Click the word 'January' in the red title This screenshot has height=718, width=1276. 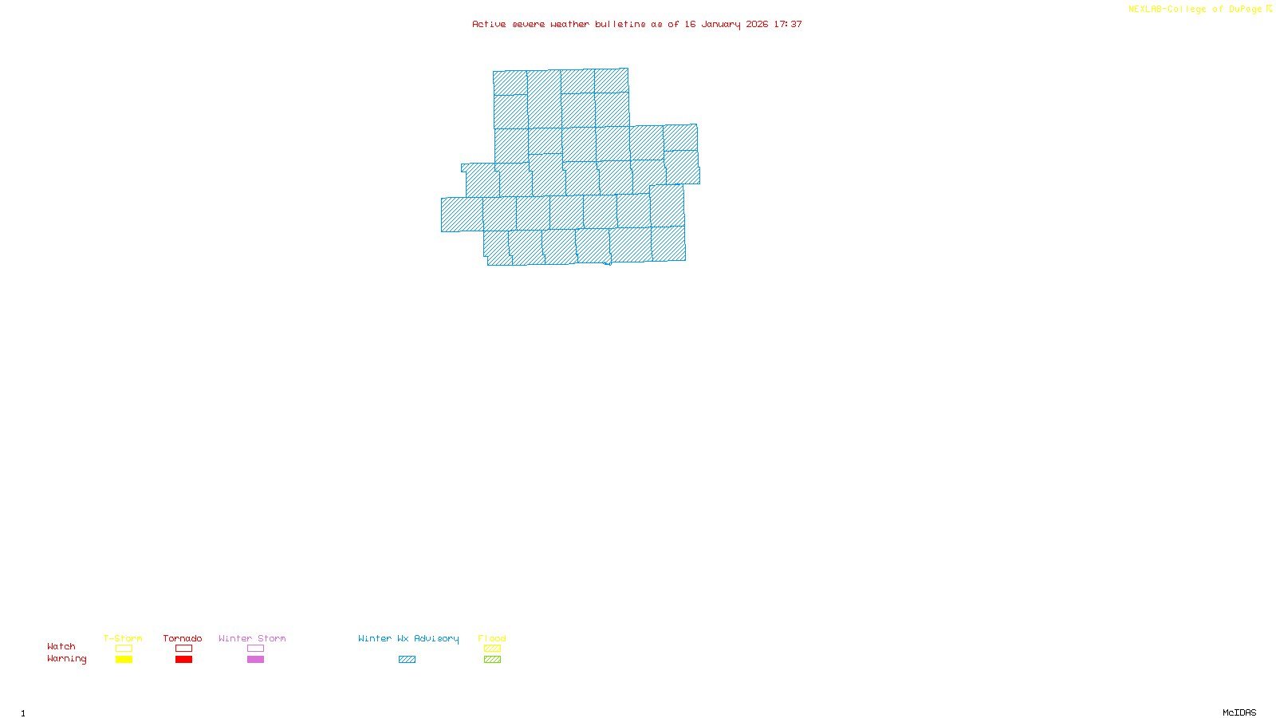[x=721, y=24]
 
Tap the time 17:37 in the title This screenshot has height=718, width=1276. [x=788, y=24]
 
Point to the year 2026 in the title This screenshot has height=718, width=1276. [x=757, y=24]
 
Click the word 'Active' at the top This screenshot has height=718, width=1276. [x=489, y=24]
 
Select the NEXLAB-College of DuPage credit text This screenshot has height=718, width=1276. [x=1195, y=9]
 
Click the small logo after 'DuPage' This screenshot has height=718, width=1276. [x=1269, y=9]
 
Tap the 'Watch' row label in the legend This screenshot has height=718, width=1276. [x=61, y=646]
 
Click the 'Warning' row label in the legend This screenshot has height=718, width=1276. [x=66, y=659]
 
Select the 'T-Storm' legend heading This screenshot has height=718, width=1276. [x=123, y=638]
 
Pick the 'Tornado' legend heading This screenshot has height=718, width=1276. [x=183, y=638]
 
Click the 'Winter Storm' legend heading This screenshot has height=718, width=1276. [x=252, y=638]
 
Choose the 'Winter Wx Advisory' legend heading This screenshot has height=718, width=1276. [x=408, y=638]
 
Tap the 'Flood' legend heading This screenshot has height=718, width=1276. [x=492, y=638]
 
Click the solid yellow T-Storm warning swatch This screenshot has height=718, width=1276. [x=124, y=660]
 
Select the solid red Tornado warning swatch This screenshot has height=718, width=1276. [x=184, y=660]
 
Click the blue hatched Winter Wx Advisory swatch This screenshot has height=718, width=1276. [x=407, y=660]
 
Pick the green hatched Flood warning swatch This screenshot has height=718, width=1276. [x=492, y=660]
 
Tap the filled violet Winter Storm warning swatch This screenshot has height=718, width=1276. [x=255, y=660]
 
